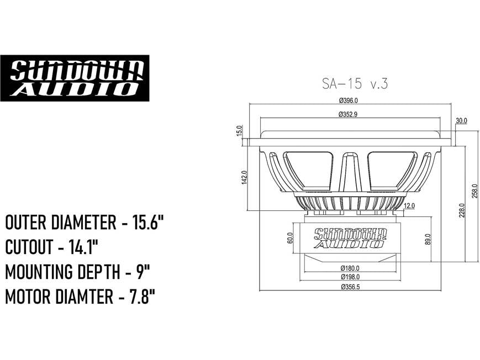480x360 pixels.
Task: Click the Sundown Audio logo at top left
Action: click(x=75, y=78)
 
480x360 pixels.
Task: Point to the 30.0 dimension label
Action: click(x=461, y=120)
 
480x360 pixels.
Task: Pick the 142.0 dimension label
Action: click(x=244, y=178)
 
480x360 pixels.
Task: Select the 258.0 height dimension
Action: click(x=473, y=190)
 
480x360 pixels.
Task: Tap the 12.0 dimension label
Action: click(x=409, y=206)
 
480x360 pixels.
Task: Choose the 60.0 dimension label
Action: click(x=290, y=238)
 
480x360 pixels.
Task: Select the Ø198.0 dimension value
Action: click(x=350, y=277)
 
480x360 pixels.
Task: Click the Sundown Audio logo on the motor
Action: click(x=349, y=238)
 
